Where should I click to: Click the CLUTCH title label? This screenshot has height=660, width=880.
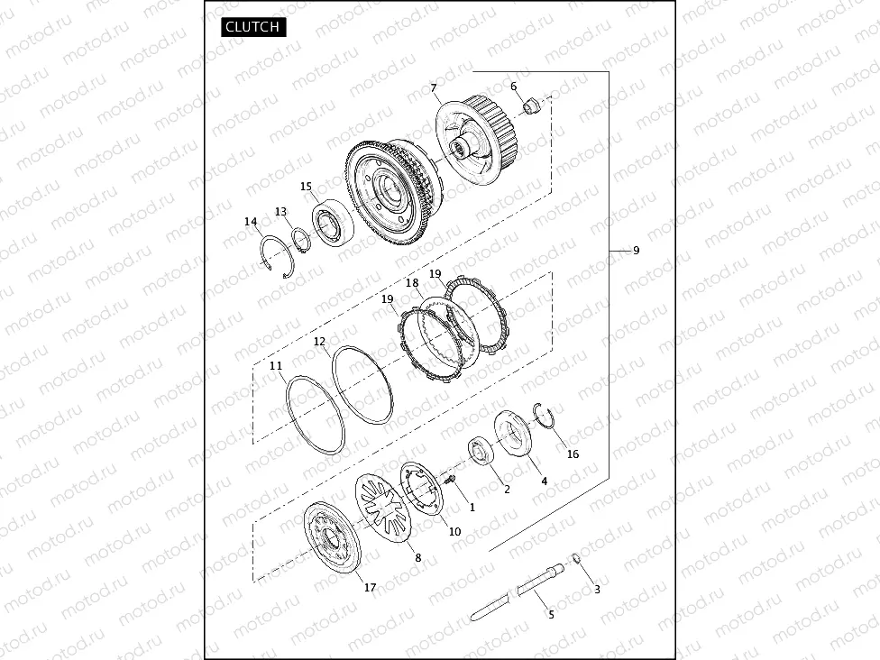coord(252,27)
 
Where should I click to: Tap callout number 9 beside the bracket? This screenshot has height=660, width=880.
coord(636,251)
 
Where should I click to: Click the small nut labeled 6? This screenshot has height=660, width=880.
coord(531,105)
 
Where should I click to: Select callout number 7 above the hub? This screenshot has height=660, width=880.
coord(434,88)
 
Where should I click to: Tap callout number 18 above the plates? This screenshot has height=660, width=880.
coord(412,283)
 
